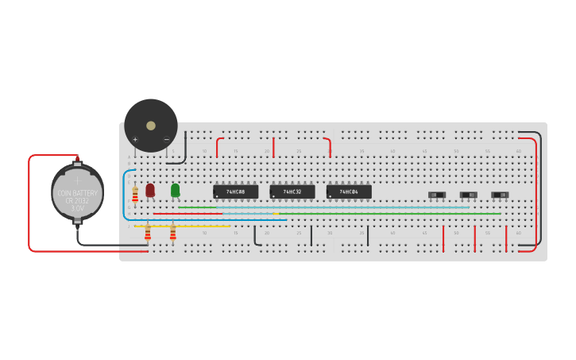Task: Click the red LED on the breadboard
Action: [x=150, y=190]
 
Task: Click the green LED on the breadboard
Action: [x=175, y=190]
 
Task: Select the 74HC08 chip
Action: [x=235, y=192]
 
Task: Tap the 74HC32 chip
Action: [x=292, y=192]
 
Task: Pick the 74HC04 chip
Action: [x=349, y=192]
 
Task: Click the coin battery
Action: [x=78, y=192]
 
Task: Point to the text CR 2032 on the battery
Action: [x=78, y=201]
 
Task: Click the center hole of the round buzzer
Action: [x=151, y=126]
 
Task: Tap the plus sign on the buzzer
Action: [x=135, y=140]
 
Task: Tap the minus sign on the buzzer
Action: [x=166, y=140]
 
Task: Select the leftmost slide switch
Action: [x=437, y=195]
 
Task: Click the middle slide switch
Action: [x=469, y=195]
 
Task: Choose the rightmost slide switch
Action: [x=500, y=195]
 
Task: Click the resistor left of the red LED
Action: [x=135, y=194]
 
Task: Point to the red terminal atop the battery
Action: [x=78, y=158]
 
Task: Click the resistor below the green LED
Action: [x=172, y=232]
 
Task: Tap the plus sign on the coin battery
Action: [x=78, y=180]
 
